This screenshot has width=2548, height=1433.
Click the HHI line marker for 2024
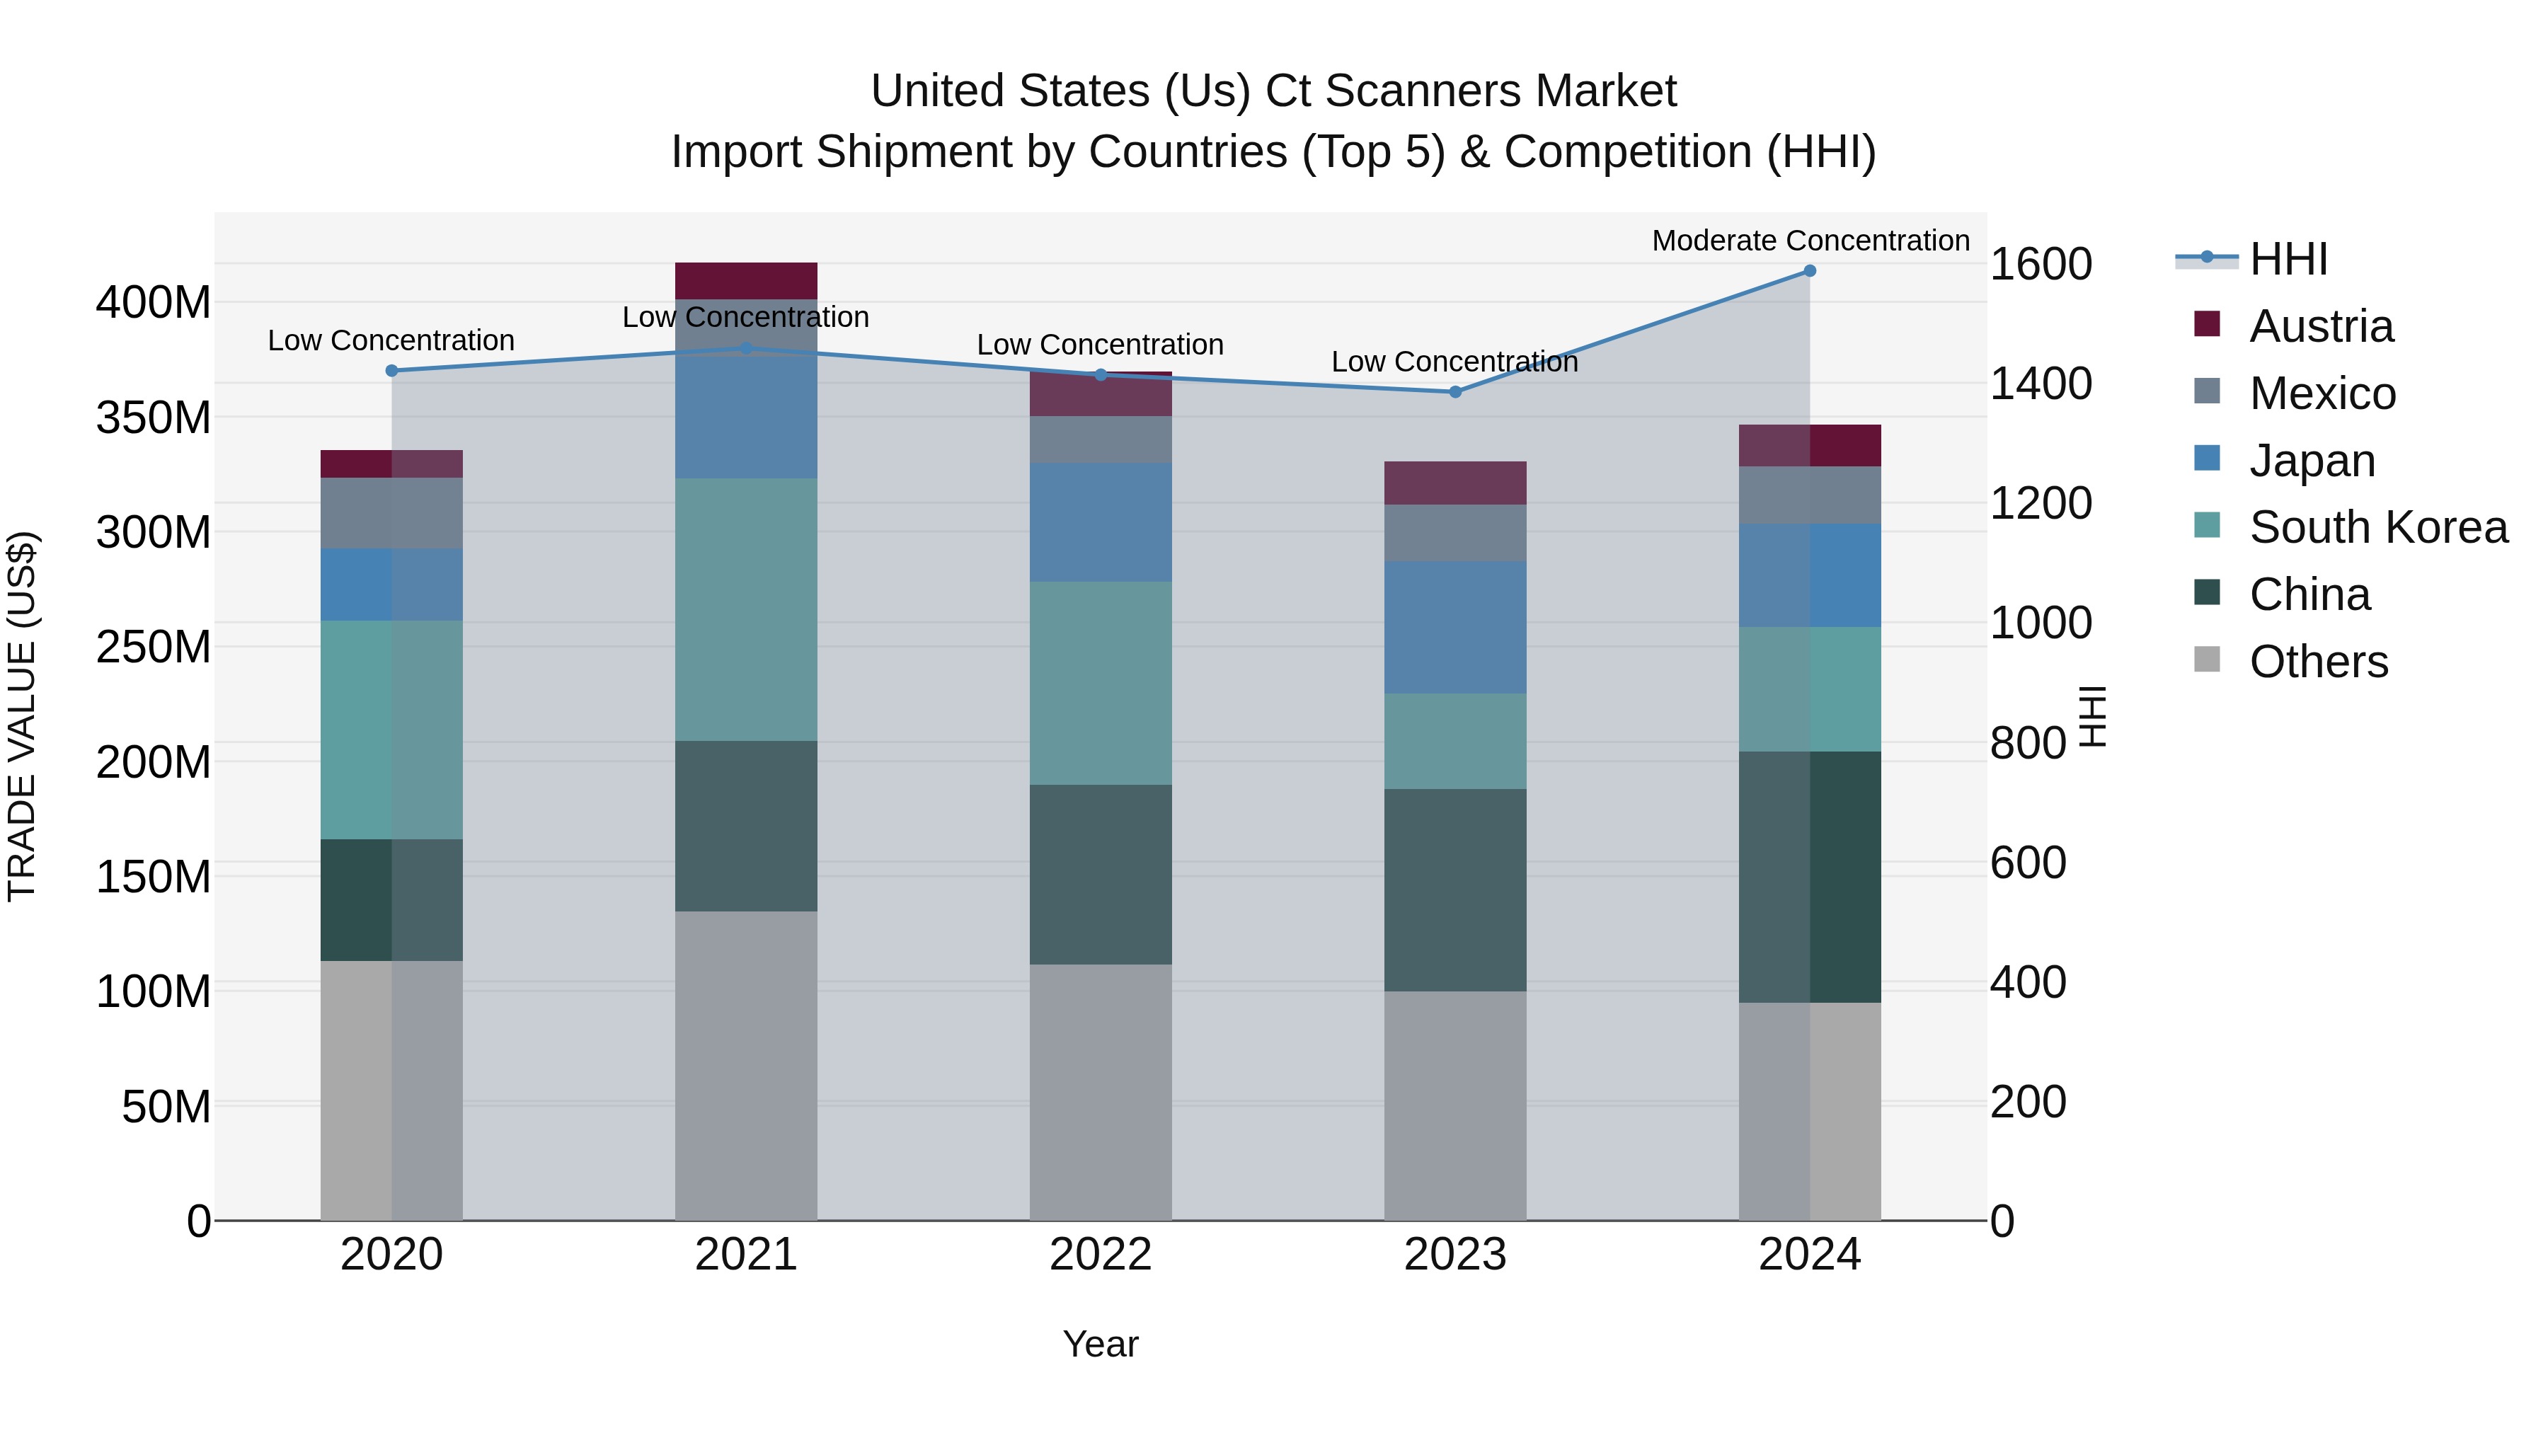tap(1809, 271)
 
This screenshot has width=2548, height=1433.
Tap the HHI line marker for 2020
tap(391, 371)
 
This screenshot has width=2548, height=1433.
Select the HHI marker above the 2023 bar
tap(1455, 391)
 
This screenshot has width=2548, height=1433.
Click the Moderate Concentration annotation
tap(1810, 241)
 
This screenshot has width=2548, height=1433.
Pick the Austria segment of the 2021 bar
tap(746, 281)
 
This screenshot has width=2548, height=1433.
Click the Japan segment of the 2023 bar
tap(1455, 627)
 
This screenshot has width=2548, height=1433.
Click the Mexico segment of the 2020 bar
tap(391, 513)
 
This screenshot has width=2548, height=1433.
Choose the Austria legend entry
tap(2321, 326)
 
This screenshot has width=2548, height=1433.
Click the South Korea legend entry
tap(2378, 527)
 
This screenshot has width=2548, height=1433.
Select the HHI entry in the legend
tap(2288, 259)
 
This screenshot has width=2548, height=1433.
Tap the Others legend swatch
tap(2207, 660)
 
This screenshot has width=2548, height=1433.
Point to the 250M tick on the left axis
tap(154, 648)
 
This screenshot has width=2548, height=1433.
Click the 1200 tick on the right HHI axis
tap(2040, 503)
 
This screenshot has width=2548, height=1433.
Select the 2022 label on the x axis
tap(1100, 1255)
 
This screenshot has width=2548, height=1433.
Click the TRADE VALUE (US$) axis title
tap(22, 716)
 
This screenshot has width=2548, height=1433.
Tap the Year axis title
tap(1100, 1344)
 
